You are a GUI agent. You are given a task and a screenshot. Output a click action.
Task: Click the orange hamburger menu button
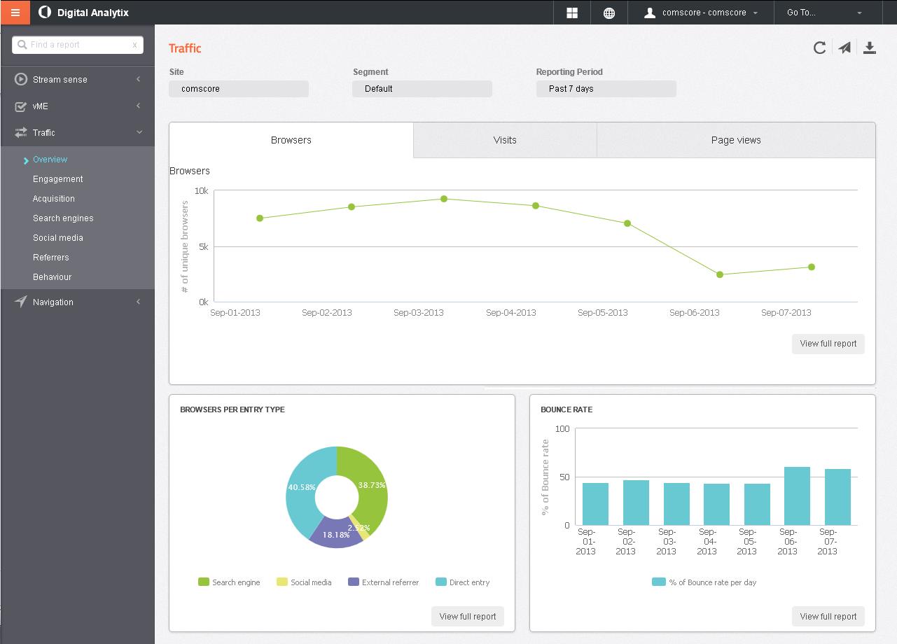click(15, 13)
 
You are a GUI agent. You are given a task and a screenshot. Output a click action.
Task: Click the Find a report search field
click(77, 45)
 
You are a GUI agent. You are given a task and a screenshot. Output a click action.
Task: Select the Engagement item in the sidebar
click(57, 179)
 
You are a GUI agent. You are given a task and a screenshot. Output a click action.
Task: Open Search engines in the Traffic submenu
click(63, 218)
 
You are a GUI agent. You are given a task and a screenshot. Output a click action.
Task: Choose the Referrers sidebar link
click(50, 258)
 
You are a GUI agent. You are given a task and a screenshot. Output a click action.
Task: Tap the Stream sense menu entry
click(60, 80)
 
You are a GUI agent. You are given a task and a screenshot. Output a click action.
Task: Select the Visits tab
click(504, 140)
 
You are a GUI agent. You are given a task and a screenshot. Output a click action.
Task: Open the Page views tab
click(735, 140)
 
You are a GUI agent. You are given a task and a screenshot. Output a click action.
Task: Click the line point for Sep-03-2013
click(444, 199)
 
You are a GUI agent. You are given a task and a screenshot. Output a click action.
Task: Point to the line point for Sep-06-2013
click(720, 274)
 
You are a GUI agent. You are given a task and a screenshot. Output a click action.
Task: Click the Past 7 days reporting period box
click(606, 89)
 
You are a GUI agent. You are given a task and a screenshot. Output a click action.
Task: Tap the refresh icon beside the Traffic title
click(819, 48)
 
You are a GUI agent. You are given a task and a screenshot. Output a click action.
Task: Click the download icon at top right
click(869, 48)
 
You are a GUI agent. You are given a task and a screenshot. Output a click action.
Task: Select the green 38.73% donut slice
click(372, 484)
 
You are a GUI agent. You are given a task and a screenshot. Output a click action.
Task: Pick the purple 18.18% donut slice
click(336, 534)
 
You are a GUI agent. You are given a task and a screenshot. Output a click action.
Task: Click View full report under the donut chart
click(467, 617)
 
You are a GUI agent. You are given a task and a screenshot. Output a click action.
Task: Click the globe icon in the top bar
click(609, 13)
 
